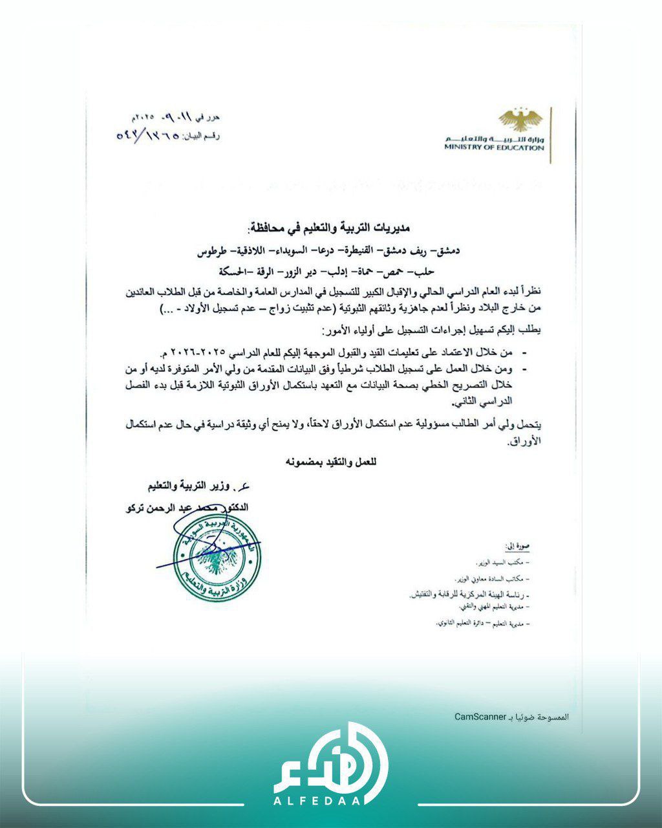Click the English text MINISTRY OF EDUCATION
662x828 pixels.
click(494, 148)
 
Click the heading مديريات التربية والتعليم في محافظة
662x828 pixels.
click(330, 228)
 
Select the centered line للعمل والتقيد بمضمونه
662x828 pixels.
click(330, 462)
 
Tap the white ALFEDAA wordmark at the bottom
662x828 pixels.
click(330, 801)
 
